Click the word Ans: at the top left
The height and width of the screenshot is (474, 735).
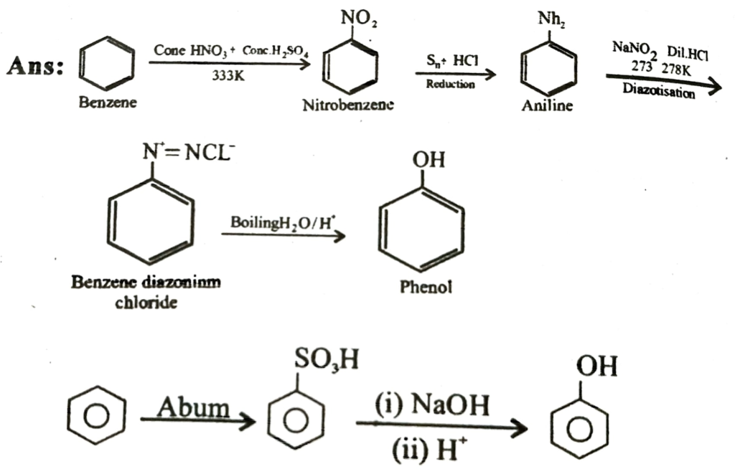(x=34, y=68)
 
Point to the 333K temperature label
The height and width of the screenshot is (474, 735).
(x=229, y=77)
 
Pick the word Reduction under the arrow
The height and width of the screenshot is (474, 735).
(x=450, y=85)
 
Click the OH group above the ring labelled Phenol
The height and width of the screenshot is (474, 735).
(x=428, y=158)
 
